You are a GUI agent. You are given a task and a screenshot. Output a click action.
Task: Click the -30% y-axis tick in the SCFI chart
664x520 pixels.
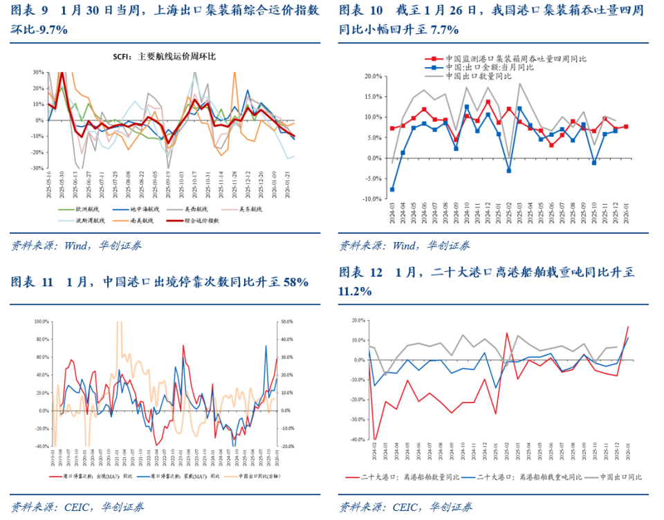[x=37, y=168]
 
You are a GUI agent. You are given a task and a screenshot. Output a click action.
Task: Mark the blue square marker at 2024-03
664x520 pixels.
[x=392, y=189]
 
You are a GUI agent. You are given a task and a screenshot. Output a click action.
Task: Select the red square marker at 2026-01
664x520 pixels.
[x=626, y=127]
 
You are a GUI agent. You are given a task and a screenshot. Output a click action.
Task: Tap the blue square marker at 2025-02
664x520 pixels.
[x=508, y=170]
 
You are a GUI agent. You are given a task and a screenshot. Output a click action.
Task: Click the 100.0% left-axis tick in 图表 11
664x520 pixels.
[x=40, y=322]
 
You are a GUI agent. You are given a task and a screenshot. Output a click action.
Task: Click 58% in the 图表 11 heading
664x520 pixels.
[x=294, y=282]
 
